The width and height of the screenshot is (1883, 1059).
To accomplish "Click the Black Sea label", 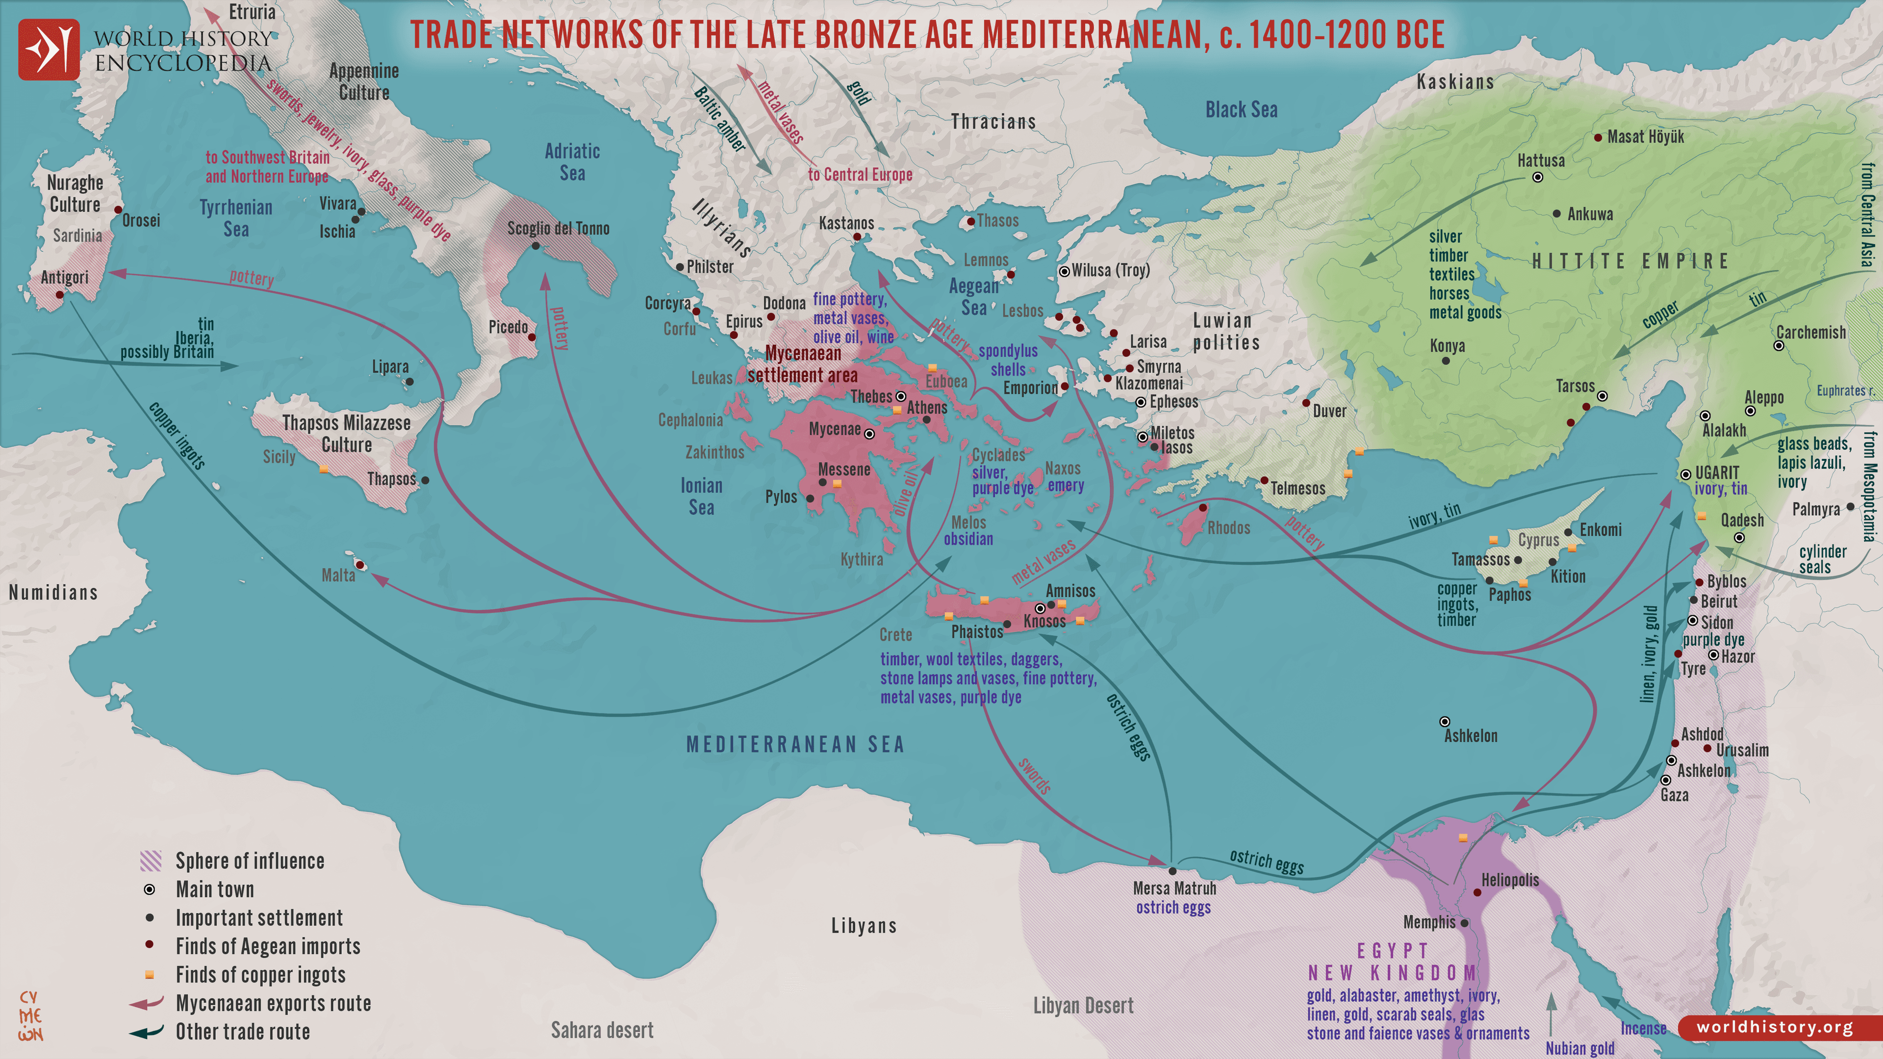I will [1241, 110].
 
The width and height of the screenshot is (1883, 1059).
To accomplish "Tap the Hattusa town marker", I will [1537, 177].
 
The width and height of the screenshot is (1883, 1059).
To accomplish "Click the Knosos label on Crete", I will [1044, 621].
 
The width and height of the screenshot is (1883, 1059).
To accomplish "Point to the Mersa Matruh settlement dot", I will [1172, 871].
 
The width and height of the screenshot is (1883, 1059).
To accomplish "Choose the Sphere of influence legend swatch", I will [150, 861].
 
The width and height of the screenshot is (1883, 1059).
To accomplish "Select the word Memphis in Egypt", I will [1429, 922].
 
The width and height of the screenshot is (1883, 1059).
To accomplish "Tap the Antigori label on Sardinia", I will [64, 277].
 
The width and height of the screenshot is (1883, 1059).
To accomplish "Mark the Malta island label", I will [338, 575].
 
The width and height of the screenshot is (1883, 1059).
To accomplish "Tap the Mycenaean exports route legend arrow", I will [146, 1004].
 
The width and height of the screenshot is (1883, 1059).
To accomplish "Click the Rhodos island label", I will [1228, 528].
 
